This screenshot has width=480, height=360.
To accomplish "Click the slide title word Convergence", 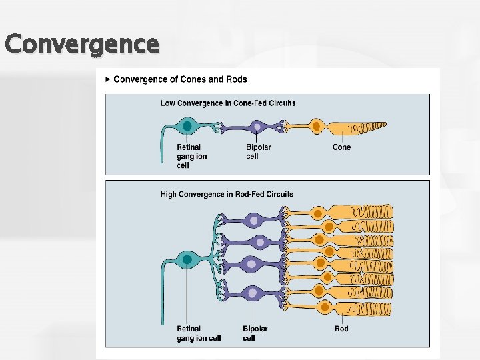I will click(81, 44).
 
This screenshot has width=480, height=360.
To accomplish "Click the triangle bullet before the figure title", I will click(108, 79).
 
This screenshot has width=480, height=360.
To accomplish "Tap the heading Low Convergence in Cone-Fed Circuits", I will click(228, 103).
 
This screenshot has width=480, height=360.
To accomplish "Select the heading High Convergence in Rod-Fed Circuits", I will click(227, 195).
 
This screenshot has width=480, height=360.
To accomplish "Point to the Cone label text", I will click(341, 147).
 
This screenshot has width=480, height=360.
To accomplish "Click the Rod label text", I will click(341, 329).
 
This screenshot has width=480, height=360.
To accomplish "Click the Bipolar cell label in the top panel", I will click(258, 151).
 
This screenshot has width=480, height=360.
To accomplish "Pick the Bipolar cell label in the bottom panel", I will click(255, 333).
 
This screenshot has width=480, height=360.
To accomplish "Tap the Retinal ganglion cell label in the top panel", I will click(191, 156).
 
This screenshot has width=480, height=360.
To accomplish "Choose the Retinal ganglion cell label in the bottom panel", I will click(199, 333).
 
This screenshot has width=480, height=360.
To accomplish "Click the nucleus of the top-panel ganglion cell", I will click(187, 126).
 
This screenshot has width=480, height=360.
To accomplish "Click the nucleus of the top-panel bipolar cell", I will click(257, 126).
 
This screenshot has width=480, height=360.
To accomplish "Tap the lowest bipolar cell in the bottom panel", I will click(252, 292).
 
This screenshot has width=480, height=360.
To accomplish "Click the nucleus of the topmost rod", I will click(319, 213).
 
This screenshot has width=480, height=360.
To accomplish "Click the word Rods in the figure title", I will click(236, 79).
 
